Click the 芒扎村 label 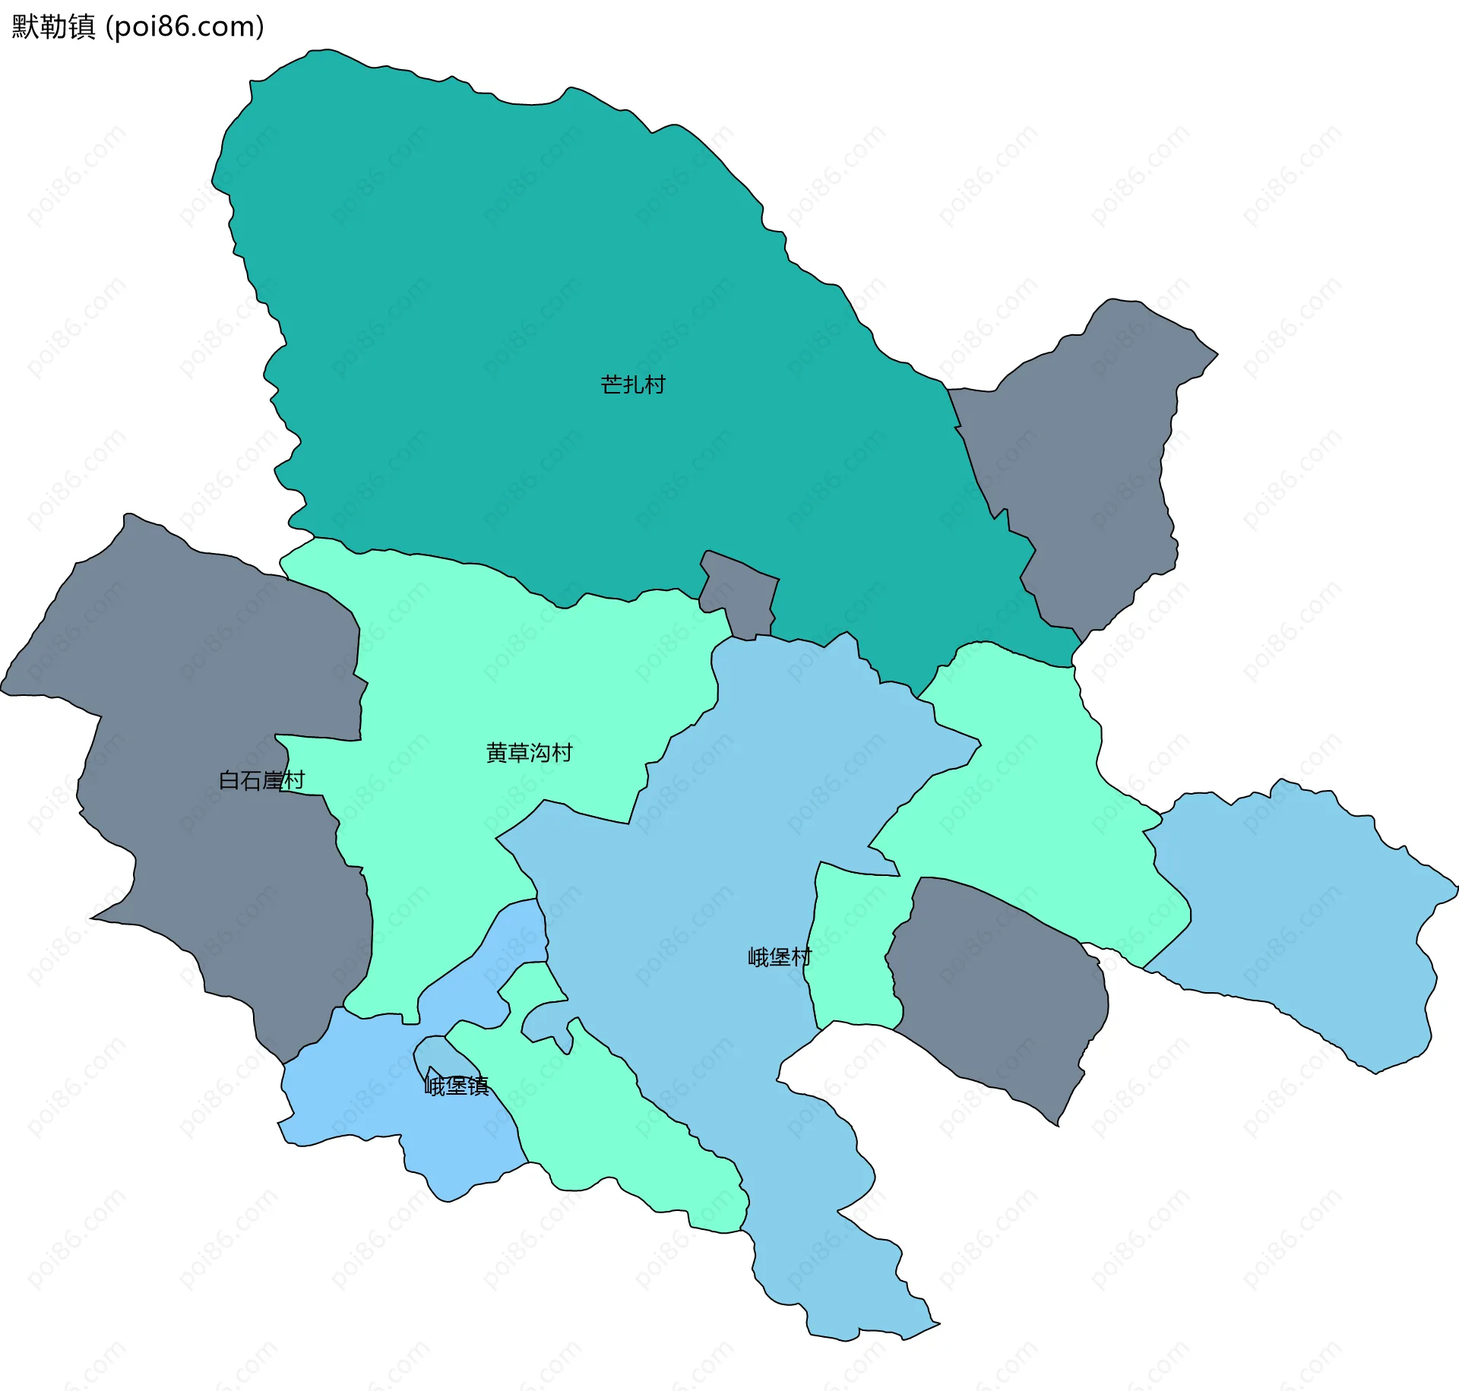[x=632, y=385]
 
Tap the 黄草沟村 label [x=529, y=753]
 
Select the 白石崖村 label [x=261, y=780]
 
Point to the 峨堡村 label [x=780, y=957]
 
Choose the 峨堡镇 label [x=456, y=1086]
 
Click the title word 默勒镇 [x=53, y=27]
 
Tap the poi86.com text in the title [x=185, y=27]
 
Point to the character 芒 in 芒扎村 [x=611, y=385]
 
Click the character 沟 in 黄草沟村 [x=540, y=753]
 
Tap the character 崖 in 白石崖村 [x=272, y=780]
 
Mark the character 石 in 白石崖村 [x=251, y=780]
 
